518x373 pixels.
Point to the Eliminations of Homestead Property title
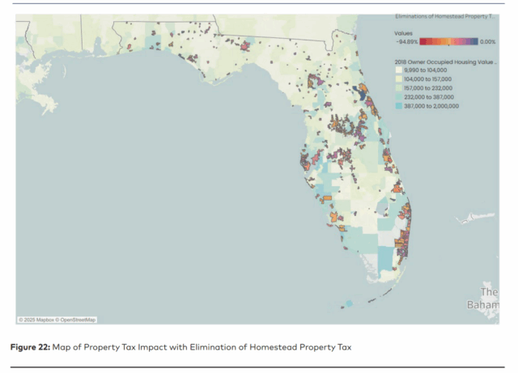pos(444,16)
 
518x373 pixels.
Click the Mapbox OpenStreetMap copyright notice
pos(57,320)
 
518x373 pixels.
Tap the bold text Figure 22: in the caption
pos(36,346)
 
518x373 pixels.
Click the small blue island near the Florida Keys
pos(349,304)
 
